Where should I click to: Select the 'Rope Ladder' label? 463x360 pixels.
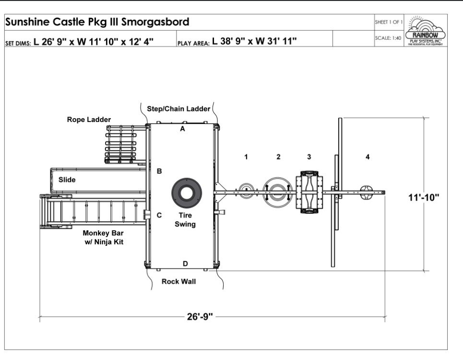(x=89, y=119)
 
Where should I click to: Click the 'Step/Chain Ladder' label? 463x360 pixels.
(x=178, y=109)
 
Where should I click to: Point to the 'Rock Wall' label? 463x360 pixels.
(x=178, y=281)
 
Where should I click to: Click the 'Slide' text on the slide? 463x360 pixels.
(x=68, y=180)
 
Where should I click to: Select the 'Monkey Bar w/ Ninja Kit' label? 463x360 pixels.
(x=103, y=238)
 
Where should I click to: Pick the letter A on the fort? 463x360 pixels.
(x=182, y=129)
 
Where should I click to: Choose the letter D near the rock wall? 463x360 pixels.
(x=185, y=264)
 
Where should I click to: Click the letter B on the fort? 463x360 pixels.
(x=160, y=171)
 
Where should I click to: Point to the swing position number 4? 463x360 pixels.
(x=368, y=157)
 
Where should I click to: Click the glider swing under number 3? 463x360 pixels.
(x=309, y=192)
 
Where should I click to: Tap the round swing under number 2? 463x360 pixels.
(x=277, y=192)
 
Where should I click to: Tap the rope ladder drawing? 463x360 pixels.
(x=121, y=144)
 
